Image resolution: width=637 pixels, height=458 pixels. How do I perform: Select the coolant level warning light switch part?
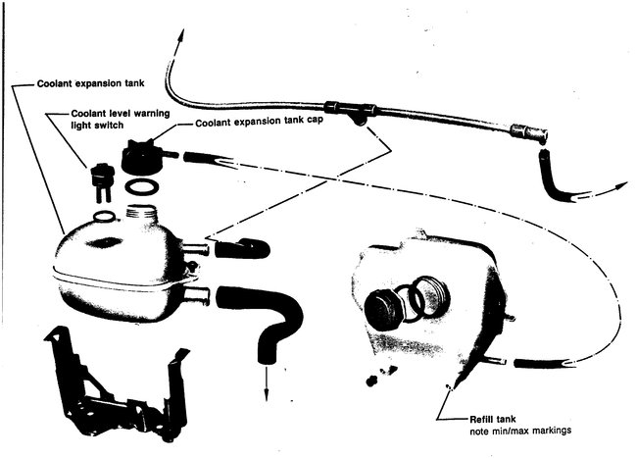pyautogui.click(x=98, y=180)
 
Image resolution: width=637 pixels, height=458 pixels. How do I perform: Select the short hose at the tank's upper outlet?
pyautogui.click(x=240, y=248)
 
